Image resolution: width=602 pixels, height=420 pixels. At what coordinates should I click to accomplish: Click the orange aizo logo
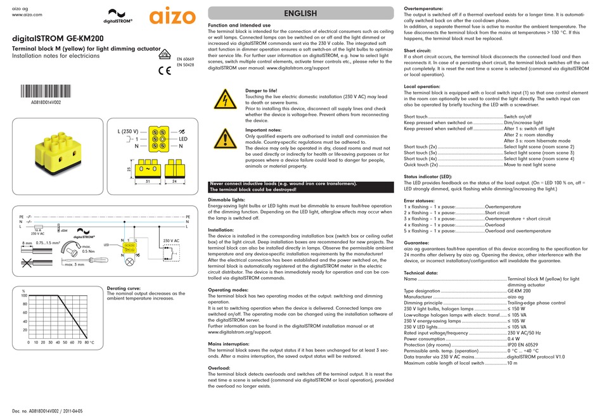(x=171, y=17)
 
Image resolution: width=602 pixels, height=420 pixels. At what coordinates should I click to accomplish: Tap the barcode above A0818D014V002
(x=46, y=89)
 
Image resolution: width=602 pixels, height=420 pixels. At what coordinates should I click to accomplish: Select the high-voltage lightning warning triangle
(x=223, y=100)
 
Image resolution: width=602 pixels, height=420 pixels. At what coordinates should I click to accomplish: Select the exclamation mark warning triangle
(x=223, y=137)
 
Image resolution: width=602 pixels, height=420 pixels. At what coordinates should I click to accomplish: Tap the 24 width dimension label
(x=174, y=182)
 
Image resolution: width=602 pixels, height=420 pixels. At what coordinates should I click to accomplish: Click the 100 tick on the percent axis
(x=24, y=296)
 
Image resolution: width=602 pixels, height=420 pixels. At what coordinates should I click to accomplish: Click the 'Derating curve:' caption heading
(x=124, y=288)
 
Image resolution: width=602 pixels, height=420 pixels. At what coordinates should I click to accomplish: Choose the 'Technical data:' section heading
(x=421, y=272)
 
